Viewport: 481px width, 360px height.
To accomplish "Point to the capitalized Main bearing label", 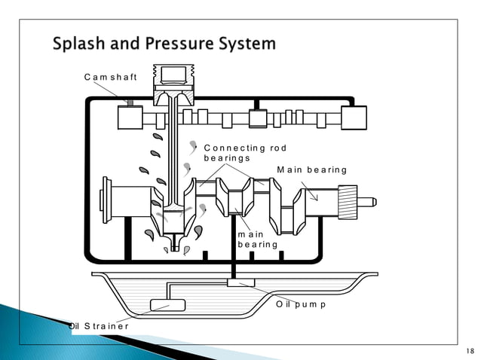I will point(311,169).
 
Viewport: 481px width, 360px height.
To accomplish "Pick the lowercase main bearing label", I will point(257,239).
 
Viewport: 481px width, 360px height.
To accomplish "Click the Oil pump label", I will point(301,304).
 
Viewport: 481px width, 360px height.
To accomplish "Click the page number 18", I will point(470,352).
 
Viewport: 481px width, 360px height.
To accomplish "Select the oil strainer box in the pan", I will point(167,305).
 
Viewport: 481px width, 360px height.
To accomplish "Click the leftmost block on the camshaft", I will point(130,117).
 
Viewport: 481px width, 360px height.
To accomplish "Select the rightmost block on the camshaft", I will point(353,117).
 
